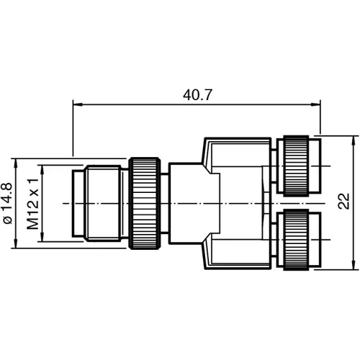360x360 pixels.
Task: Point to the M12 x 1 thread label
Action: (32, 204)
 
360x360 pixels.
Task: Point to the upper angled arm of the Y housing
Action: (230, 151)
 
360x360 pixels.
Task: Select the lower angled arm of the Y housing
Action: (230, 256)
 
